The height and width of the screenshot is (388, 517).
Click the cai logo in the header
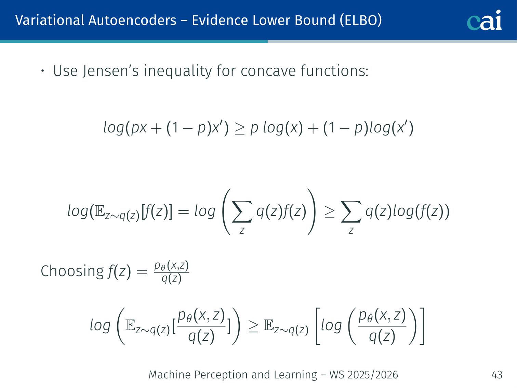[x=484, y=20]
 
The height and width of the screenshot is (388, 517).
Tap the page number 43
[x=497, y=375]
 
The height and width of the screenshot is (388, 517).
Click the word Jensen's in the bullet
[x=110, y=71]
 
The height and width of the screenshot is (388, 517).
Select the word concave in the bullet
[x=268, y=71]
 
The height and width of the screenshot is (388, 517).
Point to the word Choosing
[x=72, y=271]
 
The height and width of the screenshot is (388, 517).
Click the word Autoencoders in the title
[x=132, y=20]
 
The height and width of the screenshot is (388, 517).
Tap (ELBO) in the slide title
[x=361, y=21]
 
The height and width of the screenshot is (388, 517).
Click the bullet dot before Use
[x=42, y=71]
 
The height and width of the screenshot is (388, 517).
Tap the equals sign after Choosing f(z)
[x=142, y=272]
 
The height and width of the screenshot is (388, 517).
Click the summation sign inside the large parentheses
[x=242, y=211]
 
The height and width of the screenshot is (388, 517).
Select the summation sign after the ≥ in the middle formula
[x=351, y=211]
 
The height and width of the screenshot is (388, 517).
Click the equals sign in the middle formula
[x=184, y=211]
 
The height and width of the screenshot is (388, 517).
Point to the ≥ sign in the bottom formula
[x=253, y=327]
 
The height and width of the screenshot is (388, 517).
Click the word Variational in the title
[x=50, y=20]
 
